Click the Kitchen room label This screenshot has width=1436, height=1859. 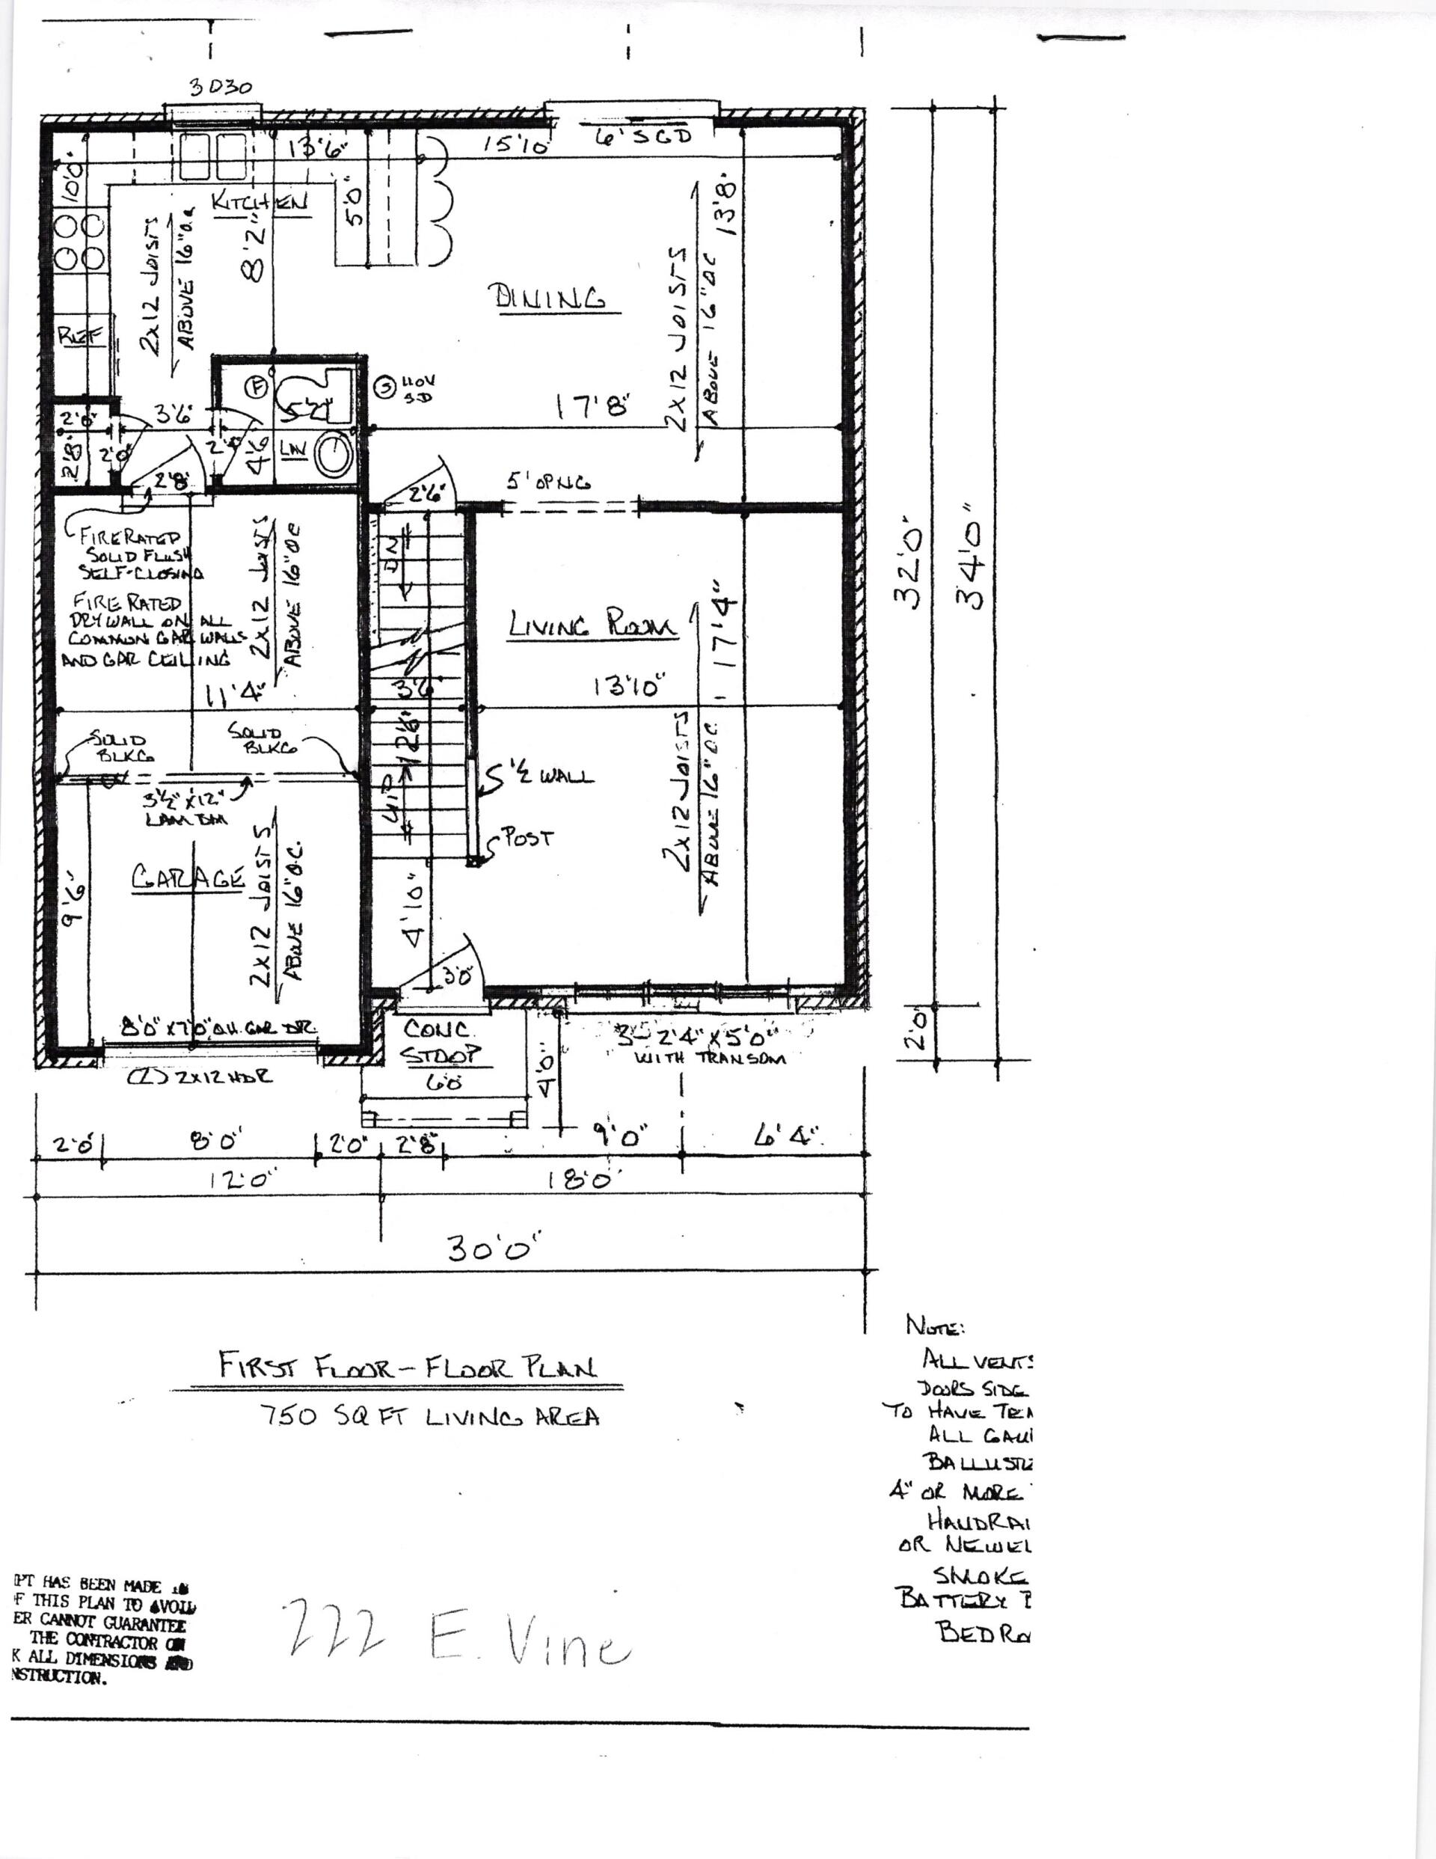(x=260, y=203)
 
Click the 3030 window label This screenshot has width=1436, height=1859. (x=220, y=88)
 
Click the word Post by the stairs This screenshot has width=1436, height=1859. (x=529, y=838)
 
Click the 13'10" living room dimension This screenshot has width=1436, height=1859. (x=628, y=687)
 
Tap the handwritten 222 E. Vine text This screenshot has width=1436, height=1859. (x=460, y=1648)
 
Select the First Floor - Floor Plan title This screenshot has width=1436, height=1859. (x=408, y=1367)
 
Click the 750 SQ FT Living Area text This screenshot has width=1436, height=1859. (x=430, y=1415)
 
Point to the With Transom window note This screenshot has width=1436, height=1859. (x=711, y=1059)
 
